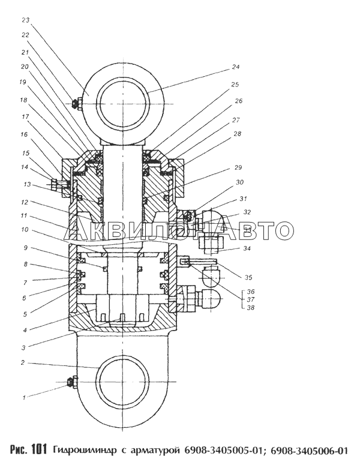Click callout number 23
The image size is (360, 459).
26,20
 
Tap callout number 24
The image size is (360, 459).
236,67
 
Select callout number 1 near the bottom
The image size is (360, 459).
25,398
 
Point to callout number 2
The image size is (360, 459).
23,363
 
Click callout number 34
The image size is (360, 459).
247,248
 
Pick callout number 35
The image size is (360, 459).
248,277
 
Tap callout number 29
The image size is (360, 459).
238,168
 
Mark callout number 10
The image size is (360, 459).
25,229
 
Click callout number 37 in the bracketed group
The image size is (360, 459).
251,299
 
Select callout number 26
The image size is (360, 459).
239,101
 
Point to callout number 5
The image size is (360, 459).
25,314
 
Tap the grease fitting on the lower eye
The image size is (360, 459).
72,382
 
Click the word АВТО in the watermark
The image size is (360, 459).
257,230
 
